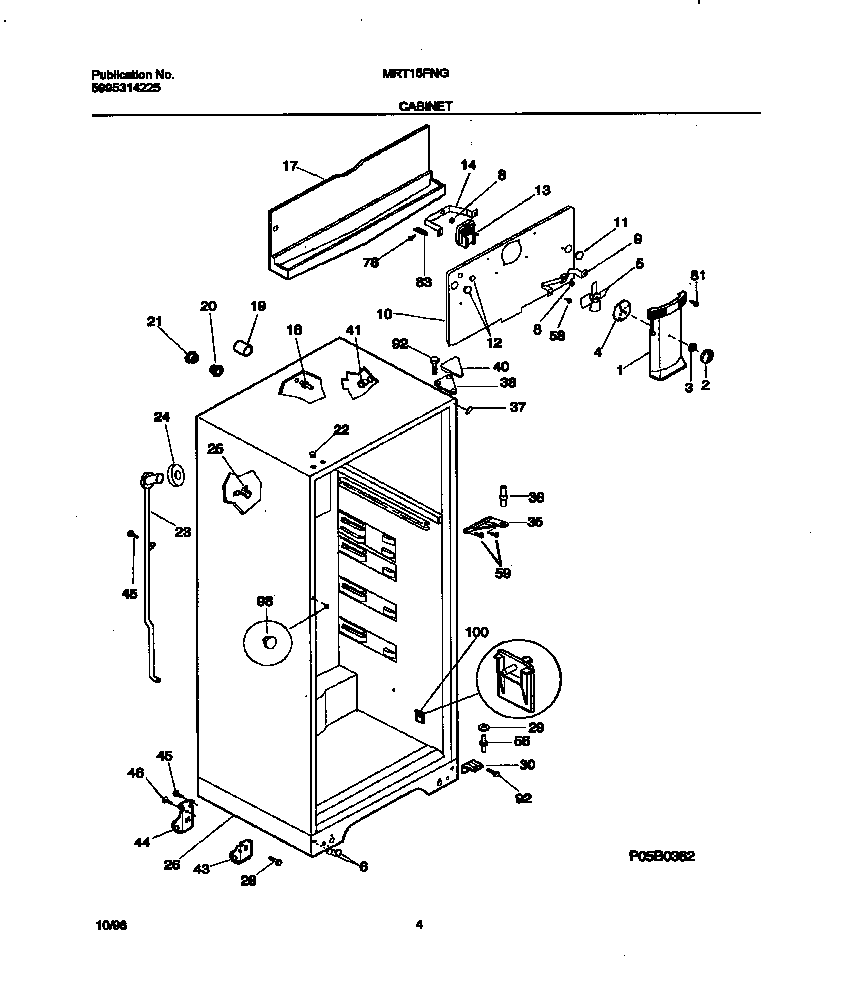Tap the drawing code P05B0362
[x=661, y=856]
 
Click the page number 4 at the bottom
[x=419, y=926]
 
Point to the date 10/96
[x=102, y=927]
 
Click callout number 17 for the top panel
[x=290, y=167]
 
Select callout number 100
[x=478, y=632]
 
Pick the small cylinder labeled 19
[x=242, y=346]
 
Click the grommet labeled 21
[x=189, y=358]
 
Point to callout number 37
[x=516, y=407]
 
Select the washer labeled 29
[x=484, y=727]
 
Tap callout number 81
[x=697, y=275]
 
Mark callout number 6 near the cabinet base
[x=362, y=866]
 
